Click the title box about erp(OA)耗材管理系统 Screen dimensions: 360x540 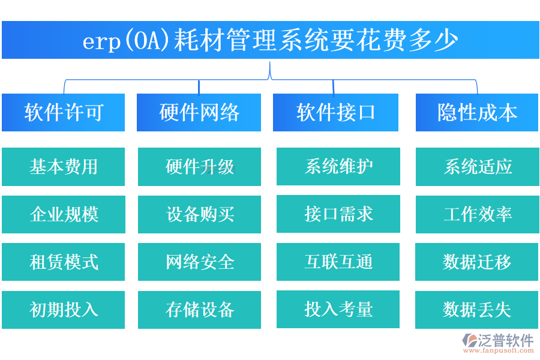[x=270, y=40]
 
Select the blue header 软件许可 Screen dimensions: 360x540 [x=63, y=112]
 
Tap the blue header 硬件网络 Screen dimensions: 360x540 [x=199, y=112]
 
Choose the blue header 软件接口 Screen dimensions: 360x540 [x=335, y=112]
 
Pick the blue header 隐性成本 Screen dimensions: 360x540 [x=477, y=112]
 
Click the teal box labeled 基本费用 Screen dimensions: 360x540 [x=63, y=167]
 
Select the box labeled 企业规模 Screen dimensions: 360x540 [x=63, y=214]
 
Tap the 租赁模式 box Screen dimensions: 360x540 [x=63, y=262]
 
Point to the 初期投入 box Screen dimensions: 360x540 [x=63, y=310]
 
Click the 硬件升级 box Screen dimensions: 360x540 [x=199, y=167]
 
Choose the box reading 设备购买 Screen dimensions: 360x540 [x=199, y=214]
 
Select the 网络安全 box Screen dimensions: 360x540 [x=199, y=262]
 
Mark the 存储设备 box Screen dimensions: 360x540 [x=199, y=310]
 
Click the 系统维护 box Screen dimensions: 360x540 [x=338, y=167]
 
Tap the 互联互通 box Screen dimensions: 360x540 [x=338, y=262]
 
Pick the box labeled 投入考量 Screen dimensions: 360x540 [x=338, y=309]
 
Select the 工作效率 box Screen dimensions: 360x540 [x=477, y=214]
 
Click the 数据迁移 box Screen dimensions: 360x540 [x=477, y=262]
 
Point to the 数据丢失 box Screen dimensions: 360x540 [x=477, y=310]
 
